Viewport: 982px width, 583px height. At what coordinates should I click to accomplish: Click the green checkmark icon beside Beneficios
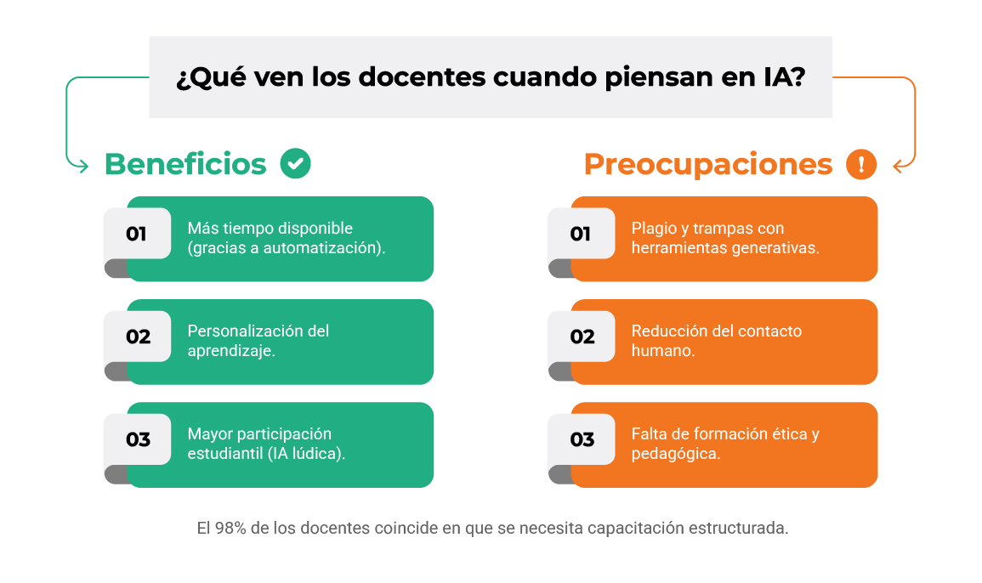click(295, 163)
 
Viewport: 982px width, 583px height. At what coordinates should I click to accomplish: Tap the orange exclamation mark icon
click(861, 164)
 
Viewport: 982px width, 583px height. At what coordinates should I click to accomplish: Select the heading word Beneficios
click(185, 164)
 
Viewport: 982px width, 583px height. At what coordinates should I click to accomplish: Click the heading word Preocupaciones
click(707, 165)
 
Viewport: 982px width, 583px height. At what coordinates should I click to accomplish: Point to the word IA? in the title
click(783, 76)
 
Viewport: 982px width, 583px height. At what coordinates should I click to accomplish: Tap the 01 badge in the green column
click(136, 234)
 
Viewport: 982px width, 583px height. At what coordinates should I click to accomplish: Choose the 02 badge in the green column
click(138, 337)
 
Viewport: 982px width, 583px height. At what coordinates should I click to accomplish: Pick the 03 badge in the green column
click(138, 439)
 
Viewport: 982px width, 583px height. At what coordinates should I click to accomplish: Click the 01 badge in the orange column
click(580, 234)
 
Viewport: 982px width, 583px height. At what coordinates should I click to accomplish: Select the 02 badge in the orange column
click(582, 337)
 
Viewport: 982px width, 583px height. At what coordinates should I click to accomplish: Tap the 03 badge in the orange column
click(582, 439)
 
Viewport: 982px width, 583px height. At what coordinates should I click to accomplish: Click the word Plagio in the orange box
click(653, 229)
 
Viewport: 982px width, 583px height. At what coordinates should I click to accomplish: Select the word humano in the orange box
click(660, 350)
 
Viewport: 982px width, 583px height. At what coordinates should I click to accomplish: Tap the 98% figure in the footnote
click(230, 528)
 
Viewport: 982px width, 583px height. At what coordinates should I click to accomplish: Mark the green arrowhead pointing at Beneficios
click(82, 166)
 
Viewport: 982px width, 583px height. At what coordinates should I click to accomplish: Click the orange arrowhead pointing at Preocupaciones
click(900, 167)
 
